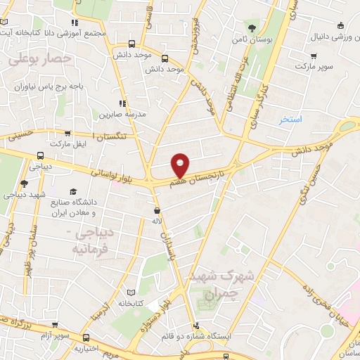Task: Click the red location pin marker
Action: coord(181,165)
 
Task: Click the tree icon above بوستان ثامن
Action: coord(251,29)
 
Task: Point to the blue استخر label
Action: coord(290,120)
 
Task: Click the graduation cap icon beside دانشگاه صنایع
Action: coord(73,191)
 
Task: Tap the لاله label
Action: coord(157,221)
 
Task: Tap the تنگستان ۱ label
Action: coord(111,135)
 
